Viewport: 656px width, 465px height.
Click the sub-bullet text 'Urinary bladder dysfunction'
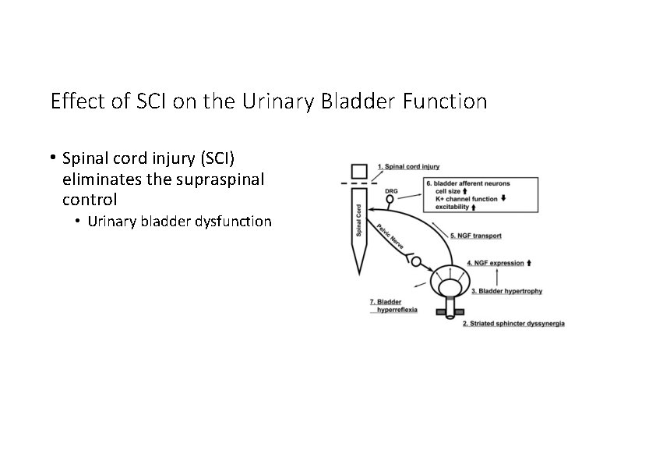[179, 222]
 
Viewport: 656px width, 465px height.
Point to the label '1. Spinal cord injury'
[409, 166]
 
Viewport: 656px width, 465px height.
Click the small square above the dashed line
[358, 171]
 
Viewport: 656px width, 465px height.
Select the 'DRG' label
[391, 190]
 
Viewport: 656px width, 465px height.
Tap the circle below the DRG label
[390, 201]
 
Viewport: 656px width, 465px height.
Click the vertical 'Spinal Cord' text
[359, 221]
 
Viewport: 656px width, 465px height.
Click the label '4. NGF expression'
[495, 263]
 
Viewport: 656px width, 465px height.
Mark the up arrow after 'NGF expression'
[530, 263]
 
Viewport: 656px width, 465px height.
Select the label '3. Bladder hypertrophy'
[506, 291]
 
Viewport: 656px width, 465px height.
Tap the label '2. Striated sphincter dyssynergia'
[513, 323]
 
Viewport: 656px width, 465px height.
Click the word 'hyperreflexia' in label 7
[397, 310]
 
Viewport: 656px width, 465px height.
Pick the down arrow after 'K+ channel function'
[503, 199]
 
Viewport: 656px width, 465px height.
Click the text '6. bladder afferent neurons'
[468, 183]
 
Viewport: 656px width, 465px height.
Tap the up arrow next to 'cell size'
[465, 191]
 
